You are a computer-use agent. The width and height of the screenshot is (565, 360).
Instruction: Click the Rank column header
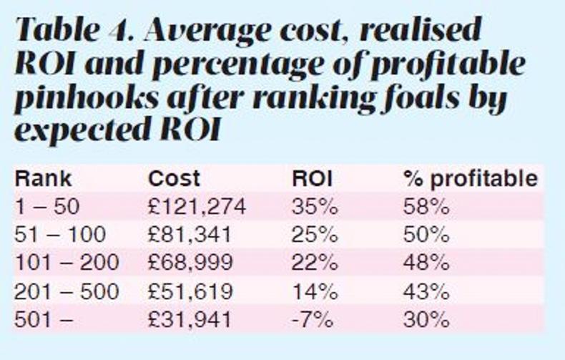pos(44,178)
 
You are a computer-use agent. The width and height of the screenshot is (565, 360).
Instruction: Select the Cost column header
pos(174,178)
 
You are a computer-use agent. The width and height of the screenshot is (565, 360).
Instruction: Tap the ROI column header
pos(313,178)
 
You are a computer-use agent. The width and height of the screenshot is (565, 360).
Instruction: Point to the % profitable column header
pos(469,178)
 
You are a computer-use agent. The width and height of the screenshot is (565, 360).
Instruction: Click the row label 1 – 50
pos(47,207)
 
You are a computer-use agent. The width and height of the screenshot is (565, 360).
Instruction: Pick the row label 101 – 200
pos(67,263)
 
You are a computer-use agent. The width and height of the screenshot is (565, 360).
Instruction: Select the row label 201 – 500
pos(67,291)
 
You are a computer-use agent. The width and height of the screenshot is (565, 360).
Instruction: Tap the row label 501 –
pos(44,318)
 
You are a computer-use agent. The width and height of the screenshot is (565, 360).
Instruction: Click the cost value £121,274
pos(197,207)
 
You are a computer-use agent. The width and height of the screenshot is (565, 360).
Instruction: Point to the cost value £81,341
pos(190,235)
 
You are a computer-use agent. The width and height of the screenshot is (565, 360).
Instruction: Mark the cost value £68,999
pos(190,263)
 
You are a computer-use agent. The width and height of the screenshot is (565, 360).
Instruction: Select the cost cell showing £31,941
pos(190,318)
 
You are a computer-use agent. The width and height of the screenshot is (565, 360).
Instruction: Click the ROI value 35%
pos(314,207)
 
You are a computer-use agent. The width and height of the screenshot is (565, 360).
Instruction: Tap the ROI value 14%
pos(314,291)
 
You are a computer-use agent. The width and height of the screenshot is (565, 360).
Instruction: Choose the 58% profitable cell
pos(426,207)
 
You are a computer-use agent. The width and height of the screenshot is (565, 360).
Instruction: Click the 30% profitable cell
pos(426,318)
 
